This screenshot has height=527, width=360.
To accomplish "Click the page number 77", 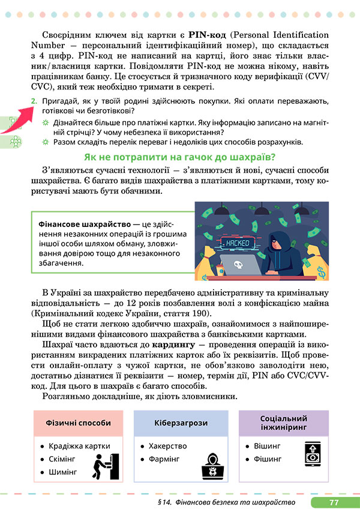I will point(334,502).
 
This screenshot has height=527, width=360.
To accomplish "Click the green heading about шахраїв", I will point(179,158).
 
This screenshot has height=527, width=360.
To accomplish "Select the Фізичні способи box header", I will point(78,423).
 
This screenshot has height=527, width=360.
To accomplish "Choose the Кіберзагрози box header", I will point(180,423).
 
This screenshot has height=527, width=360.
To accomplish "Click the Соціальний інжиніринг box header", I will point(284,423).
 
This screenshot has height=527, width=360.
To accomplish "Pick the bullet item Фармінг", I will point(164,459).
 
